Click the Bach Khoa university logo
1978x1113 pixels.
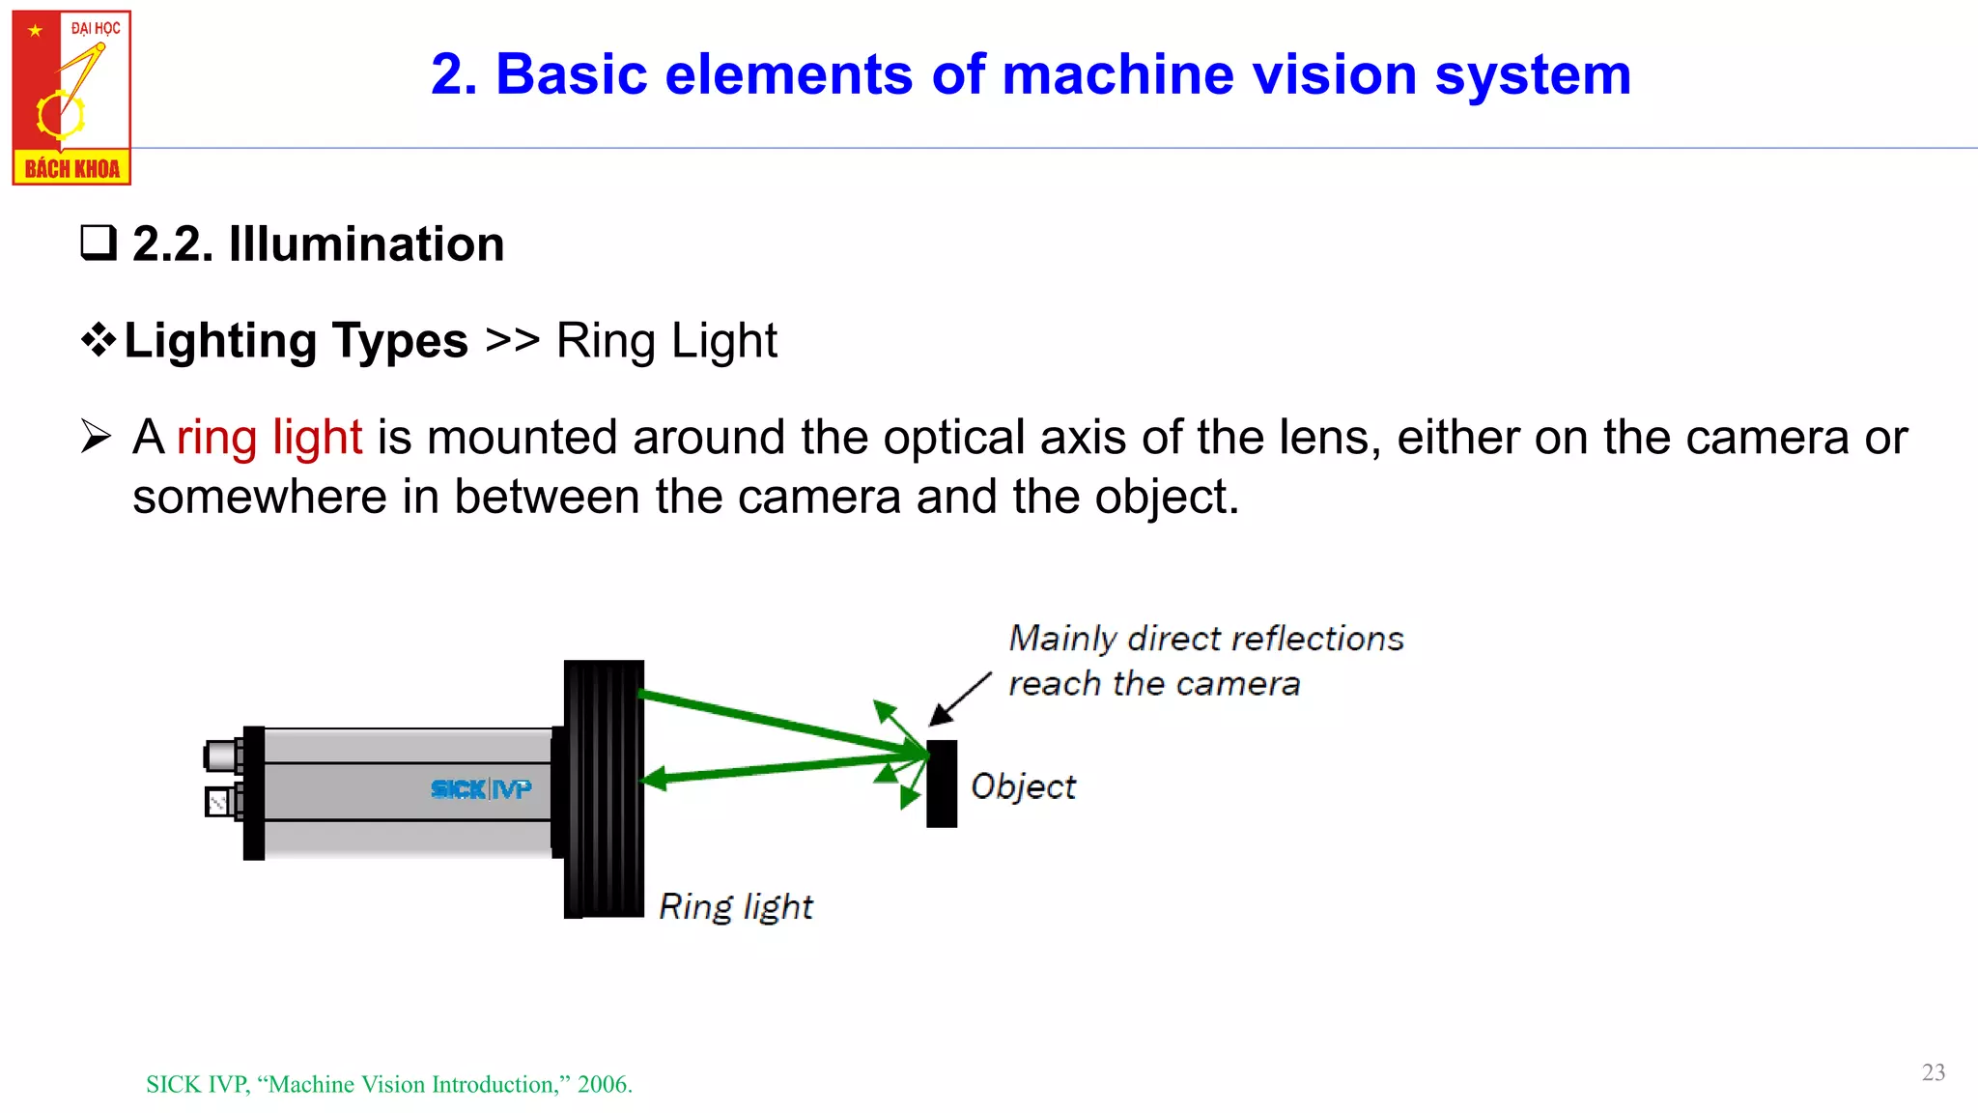pos(71,97)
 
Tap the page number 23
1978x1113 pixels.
pos(1933,1072)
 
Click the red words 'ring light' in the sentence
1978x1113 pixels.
pos(269,438)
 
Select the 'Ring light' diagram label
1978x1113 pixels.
pos(735,906)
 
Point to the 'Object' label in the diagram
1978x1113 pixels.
pos(1023,786)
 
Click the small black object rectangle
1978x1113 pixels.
pos(942,784)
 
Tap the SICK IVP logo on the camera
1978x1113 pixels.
pos(481,789)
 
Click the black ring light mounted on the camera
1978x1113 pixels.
pos(604,788)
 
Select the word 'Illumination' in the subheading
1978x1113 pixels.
pos(366,243)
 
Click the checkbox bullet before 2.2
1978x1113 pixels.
pos(99,243)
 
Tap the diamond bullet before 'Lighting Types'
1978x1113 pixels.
pos(99,340)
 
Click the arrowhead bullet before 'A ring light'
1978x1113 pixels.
pos(97,437)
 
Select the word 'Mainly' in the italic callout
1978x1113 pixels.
pos(1062,639)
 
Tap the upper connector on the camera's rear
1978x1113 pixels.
pos(222,756)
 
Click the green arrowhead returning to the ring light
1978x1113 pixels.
pos(655,778)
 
